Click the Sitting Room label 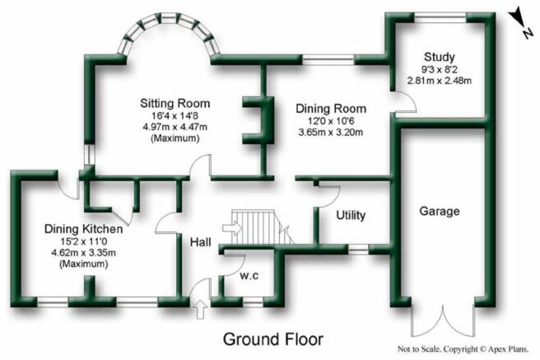[x=175, y=103]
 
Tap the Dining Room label [x=331, y=109]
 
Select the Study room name [x=439, y=57]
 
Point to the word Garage [x=440, y=211]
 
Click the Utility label [x=351, y=215]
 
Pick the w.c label [x=249, y=276]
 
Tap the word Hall [x=200, y=242]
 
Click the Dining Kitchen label [x=83, y=229]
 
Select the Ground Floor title [x=273, y=339]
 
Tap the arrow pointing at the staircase [x=232, y=228]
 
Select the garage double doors [x=443, y=320]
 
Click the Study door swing [x=405, y=102]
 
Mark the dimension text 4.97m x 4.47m [x=175, y=127]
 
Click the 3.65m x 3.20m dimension [x=331, y=133]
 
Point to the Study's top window [x=440, y=17]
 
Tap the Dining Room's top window [x=328, y=59]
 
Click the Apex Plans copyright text [x=463, y=349]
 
